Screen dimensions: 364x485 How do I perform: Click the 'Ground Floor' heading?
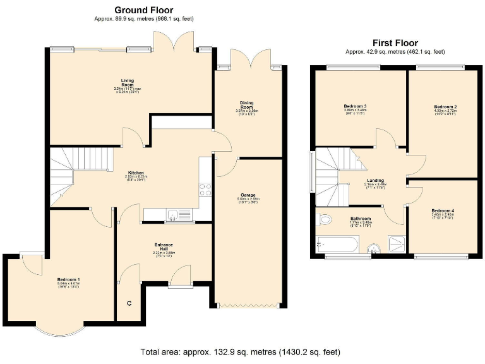(x=143, y=10)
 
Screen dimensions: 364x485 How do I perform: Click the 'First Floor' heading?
(x=395, y=43)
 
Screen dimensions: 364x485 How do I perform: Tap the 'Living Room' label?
(x=127, y=82)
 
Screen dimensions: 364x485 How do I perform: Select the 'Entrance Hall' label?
(x=164, y=246)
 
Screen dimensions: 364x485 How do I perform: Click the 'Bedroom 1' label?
(x=68, y=280)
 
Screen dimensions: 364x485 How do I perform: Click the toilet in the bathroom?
(x=324, y=221)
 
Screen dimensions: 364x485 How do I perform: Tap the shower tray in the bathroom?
(x=395, y=243)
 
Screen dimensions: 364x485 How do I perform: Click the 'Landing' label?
(x=376, y=180)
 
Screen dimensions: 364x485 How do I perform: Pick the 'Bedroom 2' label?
(x=445, y=107)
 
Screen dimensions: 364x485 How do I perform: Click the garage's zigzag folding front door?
(x=247, y=306)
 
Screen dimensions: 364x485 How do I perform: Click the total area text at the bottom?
(x=242, y=351)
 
